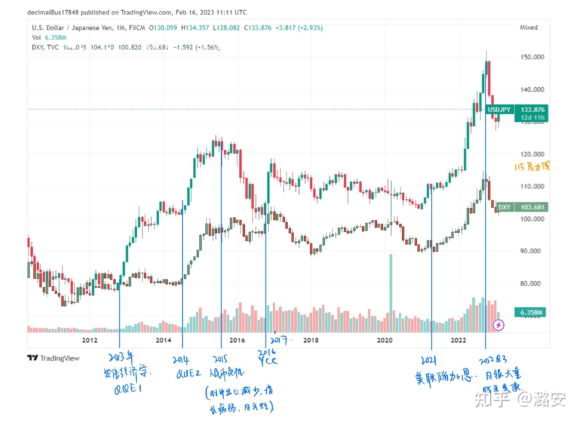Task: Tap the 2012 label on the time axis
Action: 90,340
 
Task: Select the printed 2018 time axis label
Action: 311,340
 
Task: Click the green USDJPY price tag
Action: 499,110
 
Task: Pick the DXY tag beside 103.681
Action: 504,207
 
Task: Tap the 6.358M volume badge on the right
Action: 531,312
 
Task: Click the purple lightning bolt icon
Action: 499,325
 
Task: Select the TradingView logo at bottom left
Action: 53,358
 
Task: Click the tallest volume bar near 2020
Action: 391,292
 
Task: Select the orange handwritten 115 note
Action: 532,167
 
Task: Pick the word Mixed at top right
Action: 529,27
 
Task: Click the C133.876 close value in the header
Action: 258,28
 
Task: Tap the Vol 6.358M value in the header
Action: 56,38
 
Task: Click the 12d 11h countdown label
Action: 532,118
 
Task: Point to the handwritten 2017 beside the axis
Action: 278,340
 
